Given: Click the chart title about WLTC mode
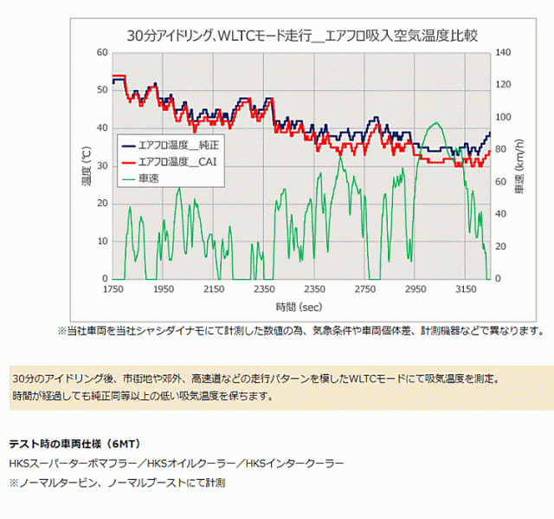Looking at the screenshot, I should [302, 36].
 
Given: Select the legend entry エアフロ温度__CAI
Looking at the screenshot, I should [177, 161].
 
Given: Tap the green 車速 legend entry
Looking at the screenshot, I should [149, 178].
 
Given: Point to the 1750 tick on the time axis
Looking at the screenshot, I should [113, 289].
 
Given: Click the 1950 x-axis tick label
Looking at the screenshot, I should [164, 289].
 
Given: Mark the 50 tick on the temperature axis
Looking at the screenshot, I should [102, 90].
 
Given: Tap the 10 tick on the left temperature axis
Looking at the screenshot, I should [102, 241].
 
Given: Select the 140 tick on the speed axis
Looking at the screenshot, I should [504, 53].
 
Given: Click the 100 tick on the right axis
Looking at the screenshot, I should [504, 117].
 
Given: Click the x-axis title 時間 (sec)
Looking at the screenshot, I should [301, 308].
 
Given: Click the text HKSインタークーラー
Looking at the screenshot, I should [294, 464].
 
